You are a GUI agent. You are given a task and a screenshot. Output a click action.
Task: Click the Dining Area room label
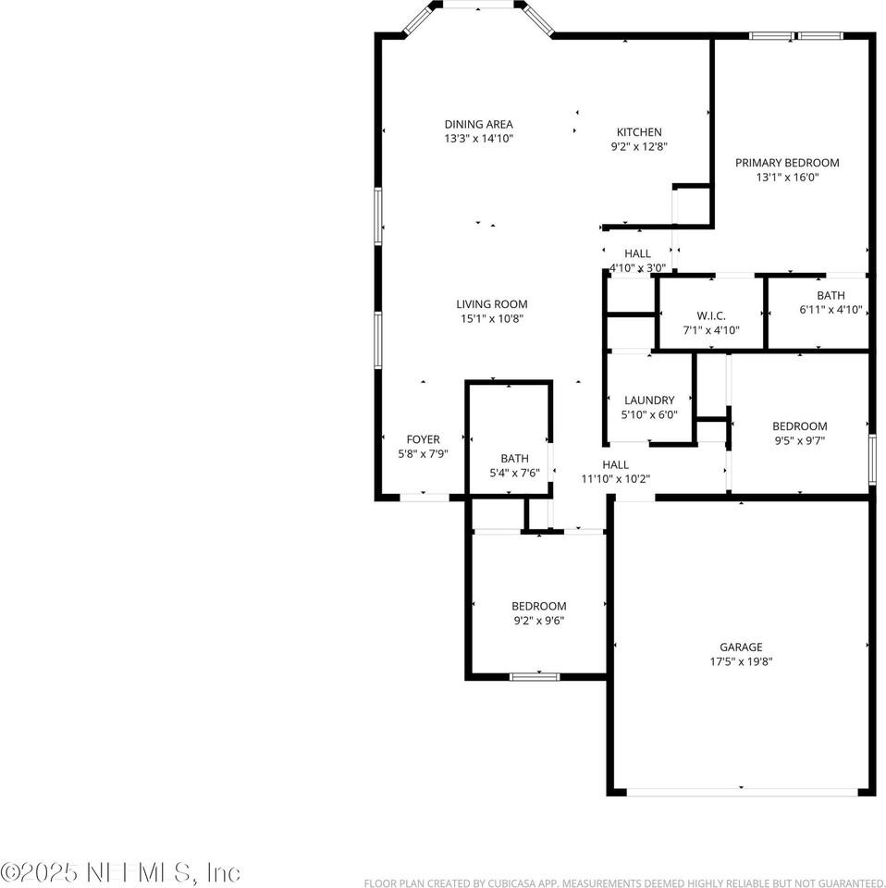478,124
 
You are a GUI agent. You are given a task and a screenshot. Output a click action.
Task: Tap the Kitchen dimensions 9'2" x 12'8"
639,146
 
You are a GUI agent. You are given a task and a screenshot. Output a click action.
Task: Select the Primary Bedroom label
787,163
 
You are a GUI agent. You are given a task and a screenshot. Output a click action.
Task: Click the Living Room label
491,304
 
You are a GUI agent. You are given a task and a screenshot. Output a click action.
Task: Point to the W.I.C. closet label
710,316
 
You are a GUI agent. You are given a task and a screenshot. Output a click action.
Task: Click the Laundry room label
648,401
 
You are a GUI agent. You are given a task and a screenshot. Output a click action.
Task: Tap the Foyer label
424,439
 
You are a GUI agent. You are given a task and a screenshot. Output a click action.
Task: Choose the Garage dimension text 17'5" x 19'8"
742,661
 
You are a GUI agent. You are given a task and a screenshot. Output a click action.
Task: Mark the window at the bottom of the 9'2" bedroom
535,676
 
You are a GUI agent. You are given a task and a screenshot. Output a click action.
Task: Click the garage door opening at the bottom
742,792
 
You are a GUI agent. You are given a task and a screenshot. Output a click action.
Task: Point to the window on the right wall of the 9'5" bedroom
871,459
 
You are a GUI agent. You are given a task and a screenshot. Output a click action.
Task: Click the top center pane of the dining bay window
477,6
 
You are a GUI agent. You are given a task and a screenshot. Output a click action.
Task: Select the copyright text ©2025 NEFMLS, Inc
121,871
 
